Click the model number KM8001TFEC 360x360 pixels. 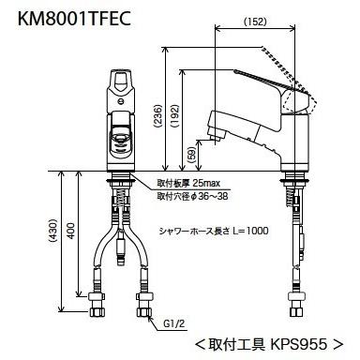(x=74, y=20)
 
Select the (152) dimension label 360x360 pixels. (x=255, y=22)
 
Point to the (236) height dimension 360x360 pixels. (x=158, y=115)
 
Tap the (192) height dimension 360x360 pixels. (x=175, y=115)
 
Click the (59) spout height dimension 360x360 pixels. (x=193, y=154)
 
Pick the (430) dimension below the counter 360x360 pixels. (x=53, y=231)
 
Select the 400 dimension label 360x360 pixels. (x=71, y=231)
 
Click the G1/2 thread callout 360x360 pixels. (x=173, y=323)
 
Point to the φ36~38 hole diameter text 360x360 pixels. (x=209, y=197)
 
